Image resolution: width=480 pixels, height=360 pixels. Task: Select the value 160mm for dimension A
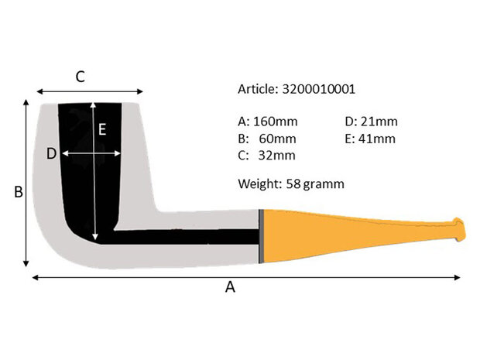point(275,122)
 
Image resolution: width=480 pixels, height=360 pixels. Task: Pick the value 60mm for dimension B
point(278,139)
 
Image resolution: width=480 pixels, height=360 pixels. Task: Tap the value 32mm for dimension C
point(278,156)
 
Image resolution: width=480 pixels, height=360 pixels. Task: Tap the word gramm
point(324,184)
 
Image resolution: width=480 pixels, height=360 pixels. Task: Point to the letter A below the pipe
point(229,287)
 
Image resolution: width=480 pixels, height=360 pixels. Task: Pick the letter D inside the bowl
point(51,154)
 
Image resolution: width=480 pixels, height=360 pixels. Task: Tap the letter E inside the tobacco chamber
point(101,129)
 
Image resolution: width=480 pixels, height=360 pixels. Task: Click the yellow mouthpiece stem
point(348,232)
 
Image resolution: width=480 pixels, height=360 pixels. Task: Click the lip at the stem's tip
point(460,231)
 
